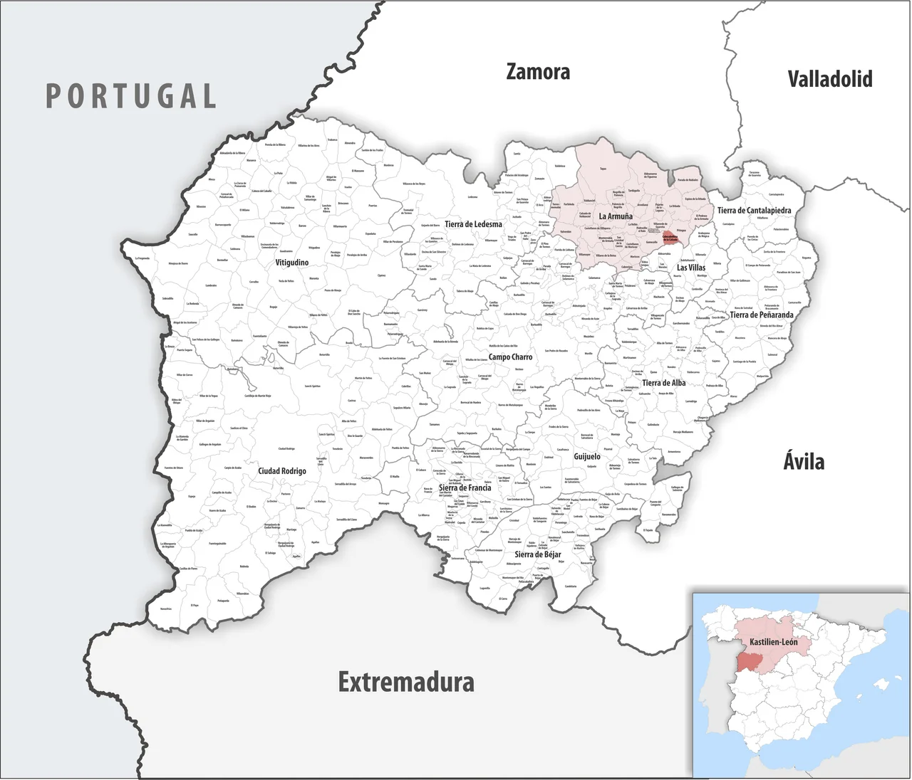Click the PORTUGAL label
131,96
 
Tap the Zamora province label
538,72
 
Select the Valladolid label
829,78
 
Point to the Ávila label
804,461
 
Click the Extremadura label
406,682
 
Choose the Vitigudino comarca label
292,263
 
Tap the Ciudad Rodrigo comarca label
282,471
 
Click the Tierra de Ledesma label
473,224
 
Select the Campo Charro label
510,357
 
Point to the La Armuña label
616,216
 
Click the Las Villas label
691,268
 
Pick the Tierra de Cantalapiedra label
754,211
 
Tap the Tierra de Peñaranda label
761,315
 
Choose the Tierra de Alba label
663,383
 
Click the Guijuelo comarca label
587,456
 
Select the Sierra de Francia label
465,488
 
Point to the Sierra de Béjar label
537,554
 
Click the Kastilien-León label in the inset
773,642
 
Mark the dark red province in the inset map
749,661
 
